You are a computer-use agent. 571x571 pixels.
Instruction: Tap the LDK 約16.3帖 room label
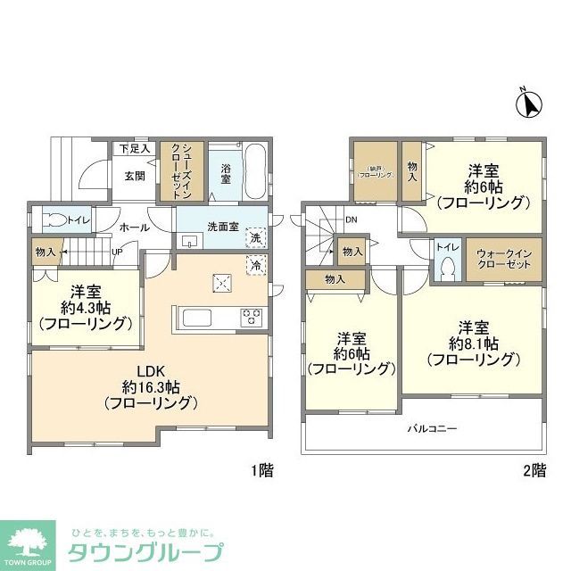(x=149, y=386)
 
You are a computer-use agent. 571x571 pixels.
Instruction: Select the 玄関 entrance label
(x=136, y=174)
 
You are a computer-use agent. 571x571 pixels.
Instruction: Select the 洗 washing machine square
(x=255, y=238)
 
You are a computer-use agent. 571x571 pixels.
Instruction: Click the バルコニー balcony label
(x=432, y=429)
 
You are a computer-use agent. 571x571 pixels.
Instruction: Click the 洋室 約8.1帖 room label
(x=472, y=343)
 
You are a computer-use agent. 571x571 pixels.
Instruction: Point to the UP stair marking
(x=117, y=252)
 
